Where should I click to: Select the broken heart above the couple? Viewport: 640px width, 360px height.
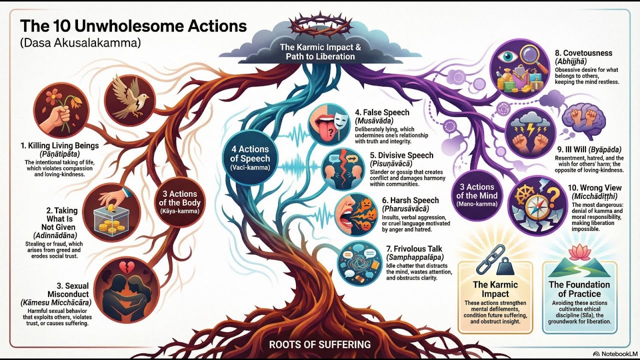[x=125, y=267]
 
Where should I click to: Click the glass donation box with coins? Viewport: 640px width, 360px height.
[x=111, y=219]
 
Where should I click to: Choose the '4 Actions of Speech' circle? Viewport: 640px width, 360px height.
[x=250, y=157]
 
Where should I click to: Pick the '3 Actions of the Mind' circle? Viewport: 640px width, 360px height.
[x=477, y=195]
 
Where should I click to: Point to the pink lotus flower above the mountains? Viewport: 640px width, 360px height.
[x=579, y=252]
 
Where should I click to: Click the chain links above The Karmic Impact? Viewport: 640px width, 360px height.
[x=487, y=261]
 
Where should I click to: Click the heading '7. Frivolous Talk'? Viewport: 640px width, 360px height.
[x=417, y=248]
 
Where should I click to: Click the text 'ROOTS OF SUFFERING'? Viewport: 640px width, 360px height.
[x=319, y=344]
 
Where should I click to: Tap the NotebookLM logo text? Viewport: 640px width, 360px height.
[x=617, y=353]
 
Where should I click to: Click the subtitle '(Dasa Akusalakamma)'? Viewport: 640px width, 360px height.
[x=80, y=42]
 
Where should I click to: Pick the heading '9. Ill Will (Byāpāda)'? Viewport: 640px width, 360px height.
[x=589, y=149]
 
